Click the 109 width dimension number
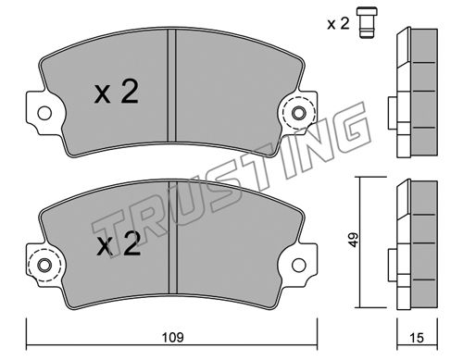coord(173,337)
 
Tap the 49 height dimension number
coord(354,240)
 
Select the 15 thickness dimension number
coord(417,338)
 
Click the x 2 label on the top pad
coord(117,92)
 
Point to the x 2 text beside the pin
coord(338,23)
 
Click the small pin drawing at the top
coord(367,22)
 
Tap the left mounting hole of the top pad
coord(44,113)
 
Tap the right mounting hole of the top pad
coord(298,113)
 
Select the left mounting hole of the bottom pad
coord(44,265)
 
